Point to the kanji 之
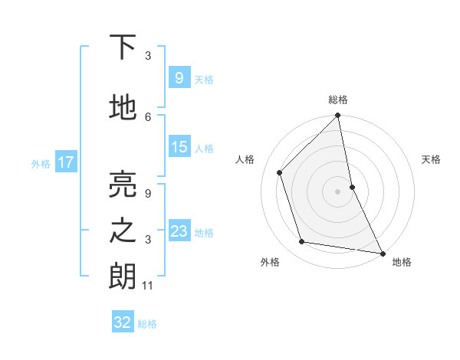click(123, 231)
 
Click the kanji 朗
click(123, 277)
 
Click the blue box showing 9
click(179, 77)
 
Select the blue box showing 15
click(179, 147)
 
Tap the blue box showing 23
click(179, 231)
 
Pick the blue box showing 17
click(65, 162)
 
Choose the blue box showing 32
click(123, 322)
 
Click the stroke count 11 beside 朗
click(148, 286)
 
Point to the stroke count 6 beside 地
click(148, 116)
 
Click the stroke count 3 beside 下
click(148, 55)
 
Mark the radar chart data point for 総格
click(337, 116)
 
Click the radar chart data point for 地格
click(382, 252)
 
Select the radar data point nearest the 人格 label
click(280, 172)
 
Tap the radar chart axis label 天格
click(431, 159)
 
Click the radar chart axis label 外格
click(270, 262)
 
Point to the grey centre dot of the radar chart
click(337, 191)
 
